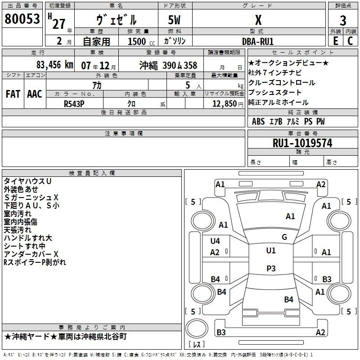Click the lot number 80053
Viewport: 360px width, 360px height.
pos(22,19)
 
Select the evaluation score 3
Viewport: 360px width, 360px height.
pos(343,21)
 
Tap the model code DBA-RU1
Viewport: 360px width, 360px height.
pos(257,40)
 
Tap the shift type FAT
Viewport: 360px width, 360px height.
pos(13,94)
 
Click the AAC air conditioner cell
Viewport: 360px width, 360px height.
pos(35,94)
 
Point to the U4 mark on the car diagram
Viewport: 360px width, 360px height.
pos(215,241)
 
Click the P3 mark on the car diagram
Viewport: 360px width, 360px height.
pos(271,268)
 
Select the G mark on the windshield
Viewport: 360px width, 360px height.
pos(284,237)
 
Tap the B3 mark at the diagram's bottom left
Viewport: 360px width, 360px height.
pos(221,333)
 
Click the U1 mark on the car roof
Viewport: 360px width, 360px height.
pos(270,251)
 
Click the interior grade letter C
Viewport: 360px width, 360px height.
pos(350,40)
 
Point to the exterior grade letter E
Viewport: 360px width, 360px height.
pos(335,40)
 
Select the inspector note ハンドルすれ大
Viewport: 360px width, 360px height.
pos(28,238)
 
